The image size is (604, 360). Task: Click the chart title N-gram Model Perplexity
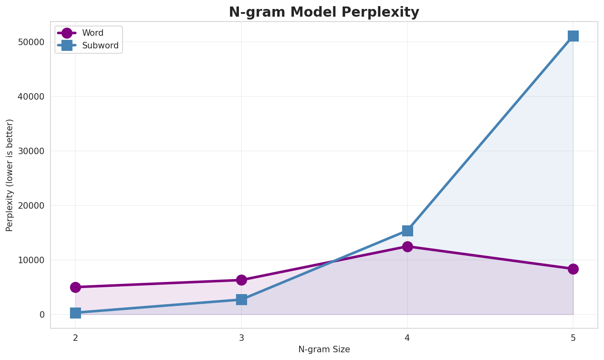click(324, 12)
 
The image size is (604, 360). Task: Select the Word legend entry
click(92, 33)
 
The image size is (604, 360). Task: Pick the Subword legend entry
click(100, 46)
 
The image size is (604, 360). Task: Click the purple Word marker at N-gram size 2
click(75, 287)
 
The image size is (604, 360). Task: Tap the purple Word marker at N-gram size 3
click(241, 280)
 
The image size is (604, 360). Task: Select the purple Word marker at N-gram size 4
click(407, 247)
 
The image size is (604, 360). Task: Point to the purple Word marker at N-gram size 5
click(573, 269)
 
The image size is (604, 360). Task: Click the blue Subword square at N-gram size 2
click(75, 313)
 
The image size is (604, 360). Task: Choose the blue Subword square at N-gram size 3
click(241, 300)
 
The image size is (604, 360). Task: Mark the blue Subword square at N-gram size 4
click(407, 231)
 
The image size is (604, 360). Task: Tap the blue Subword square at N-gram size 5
click(573, 36)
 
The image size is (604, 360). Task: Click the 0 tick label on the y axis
click(42, 314)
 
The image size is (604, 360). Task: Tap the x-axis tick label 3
click(241, 338)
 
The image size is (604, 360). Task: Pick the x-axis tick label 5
click(573, 338)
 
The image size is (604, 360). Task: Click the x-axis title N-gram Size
click(324, 349)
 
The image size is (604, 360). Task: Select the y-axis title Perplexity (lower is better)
click(10, 175)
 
